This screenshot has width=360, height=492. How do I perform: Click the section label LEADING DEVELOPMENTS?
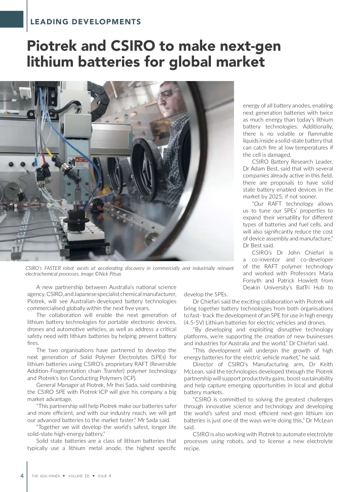85,22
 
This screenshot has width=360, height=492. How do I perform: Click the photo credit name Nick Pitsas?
110,274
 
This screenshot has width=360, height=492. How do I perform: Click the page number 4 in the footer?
22,476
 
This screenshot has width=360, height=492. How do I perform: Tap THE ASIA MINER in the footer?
46,476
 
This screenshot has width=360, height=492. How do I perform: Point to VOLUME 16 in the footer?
79,476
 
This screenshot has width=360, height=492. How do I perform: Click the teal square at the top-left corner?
11,19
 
